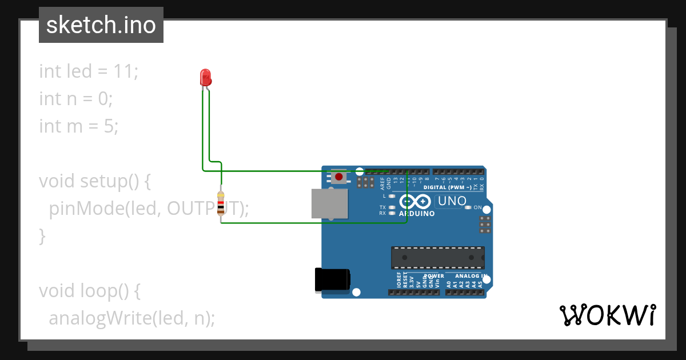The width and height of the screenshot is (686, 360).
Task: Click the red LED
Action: click(206, 77)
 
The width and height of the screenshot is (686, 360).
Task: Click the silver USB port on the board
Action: click(329, 204)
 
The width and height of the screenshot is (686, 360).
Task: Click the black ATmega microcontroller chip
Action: click(437, 258)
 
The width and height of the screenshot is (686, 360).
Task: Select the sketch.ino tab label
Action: click(101, 25)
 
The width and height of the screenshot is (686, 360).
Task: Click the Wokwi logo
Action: click(607, 315)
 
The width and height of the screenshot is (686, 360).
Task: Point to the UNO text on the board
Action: click(452, 201)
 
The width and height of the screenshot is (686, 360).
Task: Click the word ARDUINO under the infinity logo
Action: click(417, 214)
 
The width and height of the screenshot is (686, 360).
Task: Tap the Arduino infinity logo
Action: click(416, 202)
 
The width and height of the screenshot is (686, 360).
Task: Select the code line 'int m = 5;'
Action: click(78, 126)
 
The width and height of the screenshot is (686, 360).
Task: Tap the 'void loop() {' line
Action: click(89, 291)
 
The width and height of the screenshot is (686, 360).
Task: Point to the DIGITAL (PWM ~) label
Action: click(447, 187)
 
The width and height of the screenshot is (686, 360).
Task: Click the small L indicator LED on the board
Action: click(392, 196)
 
